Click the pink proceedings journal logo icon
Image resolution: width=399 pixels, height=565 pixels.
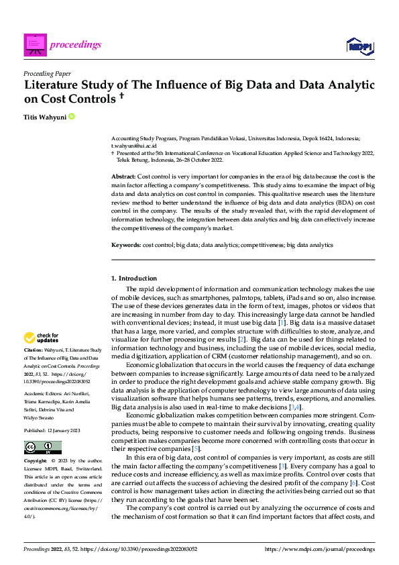point(34,44)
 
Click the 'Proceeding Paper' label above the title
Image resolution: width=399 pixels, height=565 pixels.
point(46,73)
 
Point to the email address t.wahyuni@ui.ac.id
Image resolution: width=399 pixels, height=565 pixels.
point(133,145)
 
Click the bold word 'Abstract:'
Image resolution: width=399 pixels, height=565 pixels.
point(123,176)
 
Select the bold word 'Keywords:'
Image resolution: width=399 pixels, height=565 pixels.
point(125,246)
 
